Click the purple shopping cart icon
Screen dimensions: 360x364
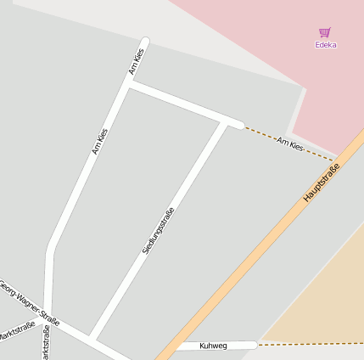324,32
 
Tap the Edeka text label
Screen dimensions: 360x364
325,45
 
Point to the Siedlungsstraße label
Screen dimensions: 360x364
159,231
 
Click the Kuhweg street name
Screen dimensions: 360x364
214,346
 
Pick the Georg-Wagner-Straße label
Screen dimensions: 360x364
30,304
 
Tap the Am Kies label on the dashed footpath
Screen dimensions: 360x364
290,147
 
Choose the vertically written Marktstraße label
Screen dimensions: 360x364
46,342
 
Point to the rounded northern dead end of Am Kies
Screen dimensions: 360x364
145,42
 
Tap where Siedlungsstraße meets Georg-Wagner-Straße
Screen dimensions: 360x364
93,337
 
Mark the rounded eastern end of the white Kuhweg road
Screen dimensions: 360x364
253,345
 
